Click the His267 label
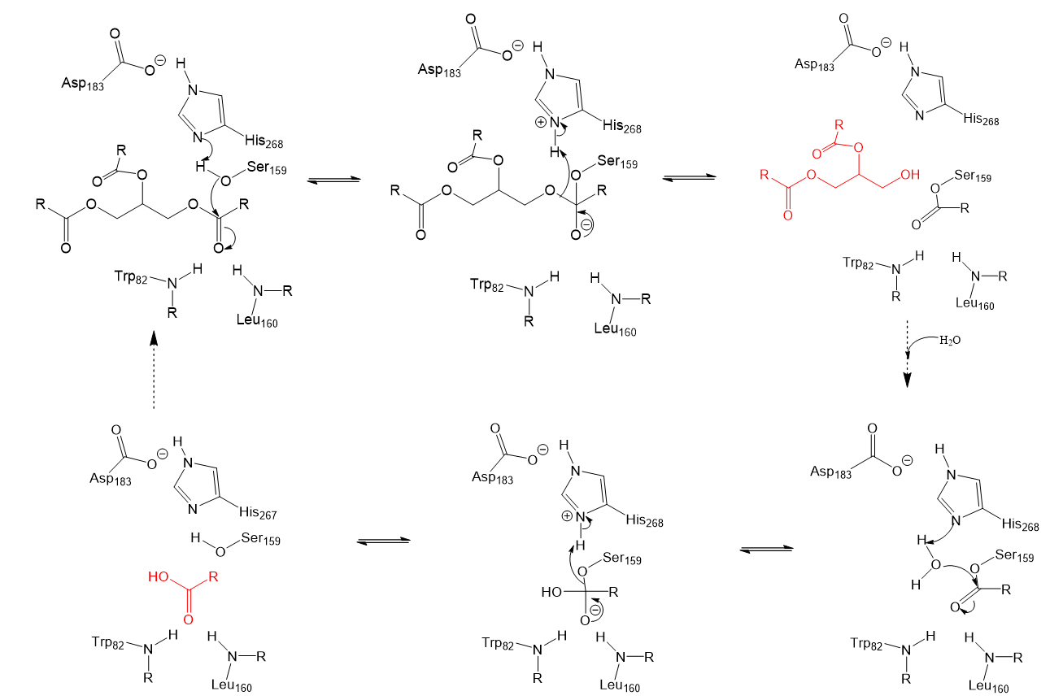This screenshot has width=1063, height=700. point(258,513)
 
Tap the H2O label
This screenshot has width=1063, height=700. point(950,341)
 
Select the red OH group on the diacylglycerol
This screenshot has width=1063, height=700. point(910,175)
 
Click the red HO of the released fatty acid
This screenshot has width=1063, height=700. point(159,576)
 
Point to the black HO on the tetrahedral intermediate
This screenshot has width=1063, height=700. point(552,592)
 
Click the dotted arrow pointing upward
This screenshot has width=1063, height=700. point(153,370)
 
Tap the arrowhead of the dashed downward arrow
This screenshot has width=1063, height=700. point(907,380)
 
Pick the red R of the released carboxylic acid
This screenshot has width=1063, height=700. point(214,576)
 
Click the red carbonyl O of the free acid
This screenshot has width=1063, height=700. point(189,620)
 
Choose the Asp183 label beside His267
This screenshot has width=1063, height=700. point(110,479)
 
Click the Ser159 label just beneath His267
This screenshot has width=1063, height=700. point(260,538)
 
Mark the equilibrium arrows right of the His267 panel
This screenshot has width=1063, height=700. point(383,541)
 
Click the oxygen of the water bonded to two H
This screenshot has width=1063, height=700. point(935,564)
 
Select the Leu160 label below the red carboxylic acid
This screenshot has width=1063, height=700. point(232,685)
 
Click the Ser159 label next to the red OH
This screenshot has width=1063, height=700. point(973,176)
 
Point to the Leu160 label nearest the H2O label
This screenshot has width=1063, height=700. point(974,303)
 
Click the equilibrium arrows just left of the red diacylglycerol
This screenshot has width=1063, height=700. point(689,178)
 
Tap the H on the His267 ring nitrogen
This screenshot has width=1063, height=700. point(177,442)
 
